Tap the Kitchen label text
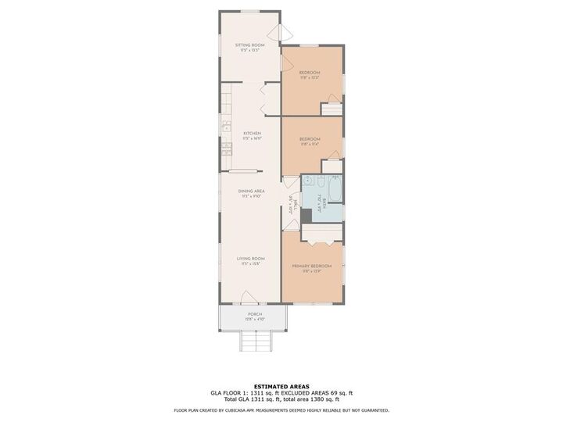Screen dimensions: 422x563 [x=251, y=134]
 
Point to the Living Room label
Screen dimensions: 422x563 [x=251, y=259]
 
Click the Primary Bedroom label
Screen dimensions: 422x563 [x=312, y=267]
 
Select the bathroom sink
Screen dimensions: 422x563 [x=307, y=195]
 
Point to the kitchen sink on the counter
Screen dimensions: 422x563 [x=225, y=127]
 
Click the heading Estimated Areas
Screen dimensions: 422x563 [x=281, y=386]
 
